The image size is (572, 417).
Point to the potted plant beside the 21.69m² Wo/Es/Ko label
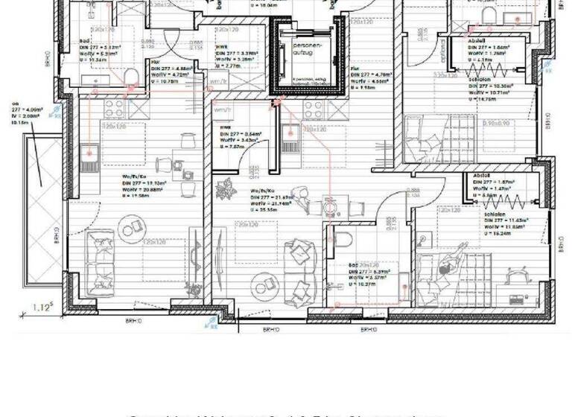(x=223, y=191)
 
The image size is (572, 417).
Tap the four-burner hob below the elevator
(x=313, y=109)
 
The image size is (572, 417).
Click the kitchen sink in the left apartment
(x=89, y=153)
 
